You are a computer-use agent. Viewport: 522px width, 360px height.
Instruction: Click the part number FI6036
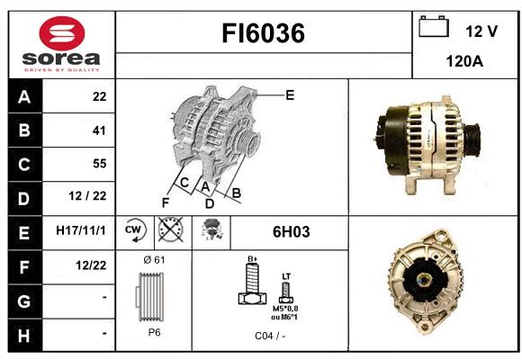click(x=264, y=33)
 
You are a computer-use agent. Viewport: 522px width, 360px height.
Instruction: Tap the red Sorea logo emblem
click(x=62, y=33)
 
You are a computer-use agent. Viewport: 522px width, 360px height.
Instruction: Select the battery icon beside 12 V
click(x=434, y=26)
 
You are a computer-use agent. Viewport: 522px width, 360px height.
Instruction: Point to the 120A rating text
click(x=464, y=61)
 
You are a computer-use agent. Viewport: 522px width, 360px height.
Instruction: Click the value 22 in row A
click(x=100, y=96)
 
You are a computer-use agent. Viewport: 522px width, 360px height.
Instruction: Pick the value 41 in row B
click(x=99, y=130)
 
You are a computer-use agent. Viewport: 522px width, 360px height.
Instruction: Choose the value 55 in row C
click(x=100, y=164)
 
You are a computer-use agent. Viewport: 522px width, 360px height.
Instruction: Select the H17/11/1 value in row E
click(x=81, y=230)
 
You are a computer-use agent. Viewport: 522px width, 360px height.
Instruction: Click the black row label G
click(x=24, y=301)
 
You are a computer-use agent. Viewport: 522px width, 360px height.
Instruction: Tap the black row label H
click(x=24, y=336)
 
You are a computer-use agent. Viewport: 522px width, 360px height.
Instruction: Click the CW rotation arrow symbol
click(x=135, y=230)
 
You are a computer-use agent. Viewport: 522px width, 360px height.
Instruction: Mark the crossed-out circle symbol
click(x=171, y=229)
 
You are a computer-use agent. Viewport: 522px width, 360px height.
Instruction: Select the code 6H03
click(x=292, y=232)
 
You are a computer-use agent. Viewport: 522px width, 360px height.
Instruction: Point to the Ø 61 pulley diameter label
click(x=154, y=259)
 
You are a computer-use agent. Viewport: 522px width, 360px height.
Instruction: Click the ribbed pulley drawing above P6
click(x=149, y=297)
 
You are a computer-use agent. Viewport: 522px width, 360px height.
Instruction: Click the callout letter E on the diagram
click(x=290, y=95)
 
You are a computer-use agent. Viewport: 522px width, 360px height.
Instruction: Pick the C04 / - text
click(x=270, y=336)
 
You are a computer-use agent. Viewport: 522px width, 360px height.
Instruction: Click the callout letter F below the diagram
click(x=166, y=202)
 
